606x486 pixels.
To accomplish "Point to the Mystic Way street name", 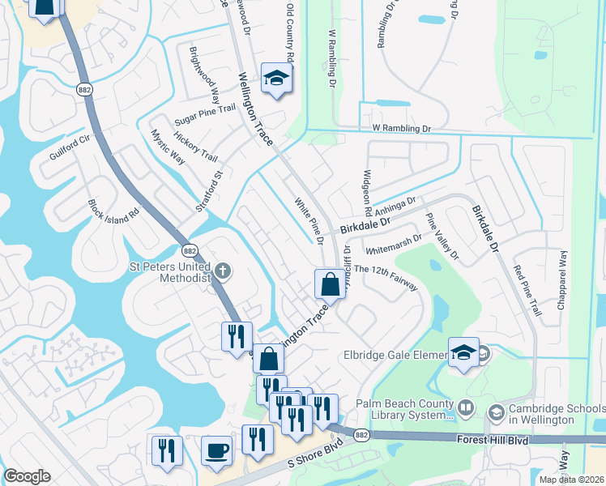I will coord(168,146).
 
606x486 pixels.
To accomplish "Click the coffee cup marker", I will coord(216,450).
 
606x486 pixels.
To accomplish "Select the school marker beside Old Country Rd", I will coord(276,79).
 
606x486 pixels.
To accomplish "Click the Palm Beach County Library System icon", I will coord(465,407).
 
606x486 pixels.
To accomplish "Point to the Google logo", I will coord(27,476).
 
